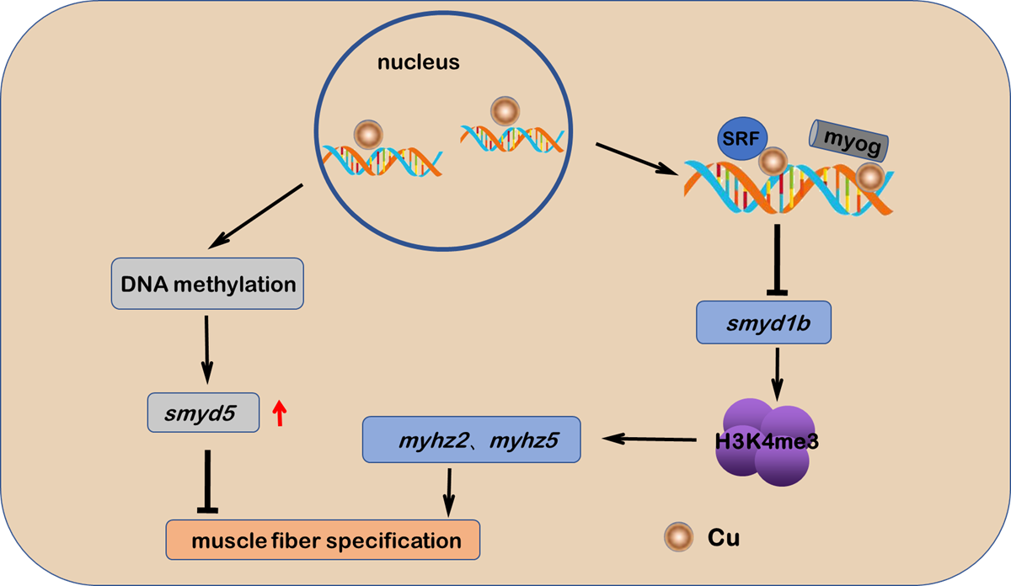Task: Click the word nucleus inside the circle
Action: [x=419, y=62]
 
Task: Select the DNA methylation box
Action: [x=208, y=284]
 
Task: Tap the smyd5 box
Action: [x=203, y=413]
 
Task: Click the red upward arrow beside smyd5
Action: [x=281, y=413]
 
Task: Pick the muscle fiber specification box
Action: [x=323, y=540]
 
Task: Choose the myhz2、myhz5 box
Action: [x=473, y=439]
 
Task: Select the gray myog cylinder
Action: [x=848, y=141]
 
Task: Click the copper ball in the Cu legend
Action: [x=677, y=536]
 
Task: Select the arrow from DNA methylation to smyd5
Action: [x=207, y=347]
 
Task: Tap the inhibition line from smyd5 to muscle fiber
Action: [x=207, y=480]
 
